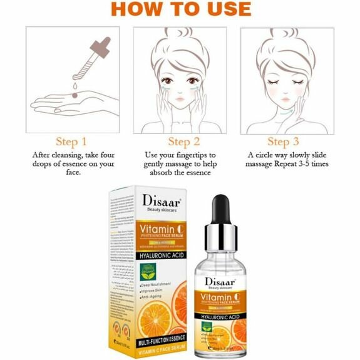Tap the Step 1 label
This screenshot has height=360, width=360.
click(x=71, y=141)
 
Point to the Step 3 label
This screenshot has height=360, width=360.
click(x=287, y=141)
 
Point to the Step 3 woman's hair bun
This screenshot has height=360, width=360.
click(x=289, y=35)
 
